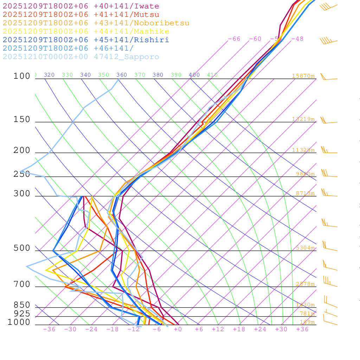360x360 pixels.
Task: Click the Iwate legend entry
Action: pyautogui.click(x=81, y=6)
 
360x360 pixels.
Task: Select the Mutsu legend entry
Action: pyautogui.click(x=81, y=15)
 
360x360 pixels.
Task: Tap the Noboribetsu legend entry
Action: pyautogui.click(x=96, y=23)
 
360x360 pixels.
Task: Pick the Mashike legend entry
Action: pyautogui.click(x=86, y=32)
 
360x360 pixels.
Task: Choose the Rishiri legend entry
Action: pyautogui.click(x=86, y=40)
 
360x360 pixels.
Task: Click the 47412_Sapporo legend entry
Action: pyautogui.click(x=81, y=57)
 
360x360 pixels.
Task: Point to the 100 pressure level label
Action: pyautogui.click(x=22, y=76)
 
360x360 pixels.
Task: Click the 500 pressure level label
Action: pyautogui.click(x=22, y=249)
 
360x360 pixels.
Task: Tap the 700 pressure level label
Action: pyautogui.click(x=22, y=284)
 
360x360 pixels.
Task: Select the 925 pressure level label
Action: pyautogui.click(x=22, y=314)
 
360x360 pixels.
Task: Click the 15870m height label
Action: pyautogui.click(x=303, y=76)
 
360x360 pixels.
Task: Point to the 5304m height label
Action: pyautogui.click(x=305, y=248)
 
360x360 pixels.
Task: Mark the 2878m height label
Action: pyautogui.click(x=305, y=284)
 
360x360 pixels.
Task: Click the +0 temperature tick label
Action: pyautogui.click(x=178, y=329)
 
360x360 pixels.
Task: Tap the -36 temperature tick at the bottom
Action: pyautogui.click(x=49, y=329)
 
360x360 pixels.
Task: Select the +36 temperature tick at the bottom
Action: pyautogui.click(x=302, y=329)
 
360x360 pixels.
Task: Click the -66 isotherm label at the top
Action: pyautogui.click(x=234, y=39)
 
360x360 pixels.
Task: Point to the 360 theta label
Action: pyautogui.click(x=122, y=75)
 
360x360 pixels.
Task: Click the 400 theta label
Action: pyautogui.click(x=194, y=75)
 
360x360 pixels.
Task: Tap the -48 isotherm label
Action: pyautogui.click(x=297, y=39)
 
